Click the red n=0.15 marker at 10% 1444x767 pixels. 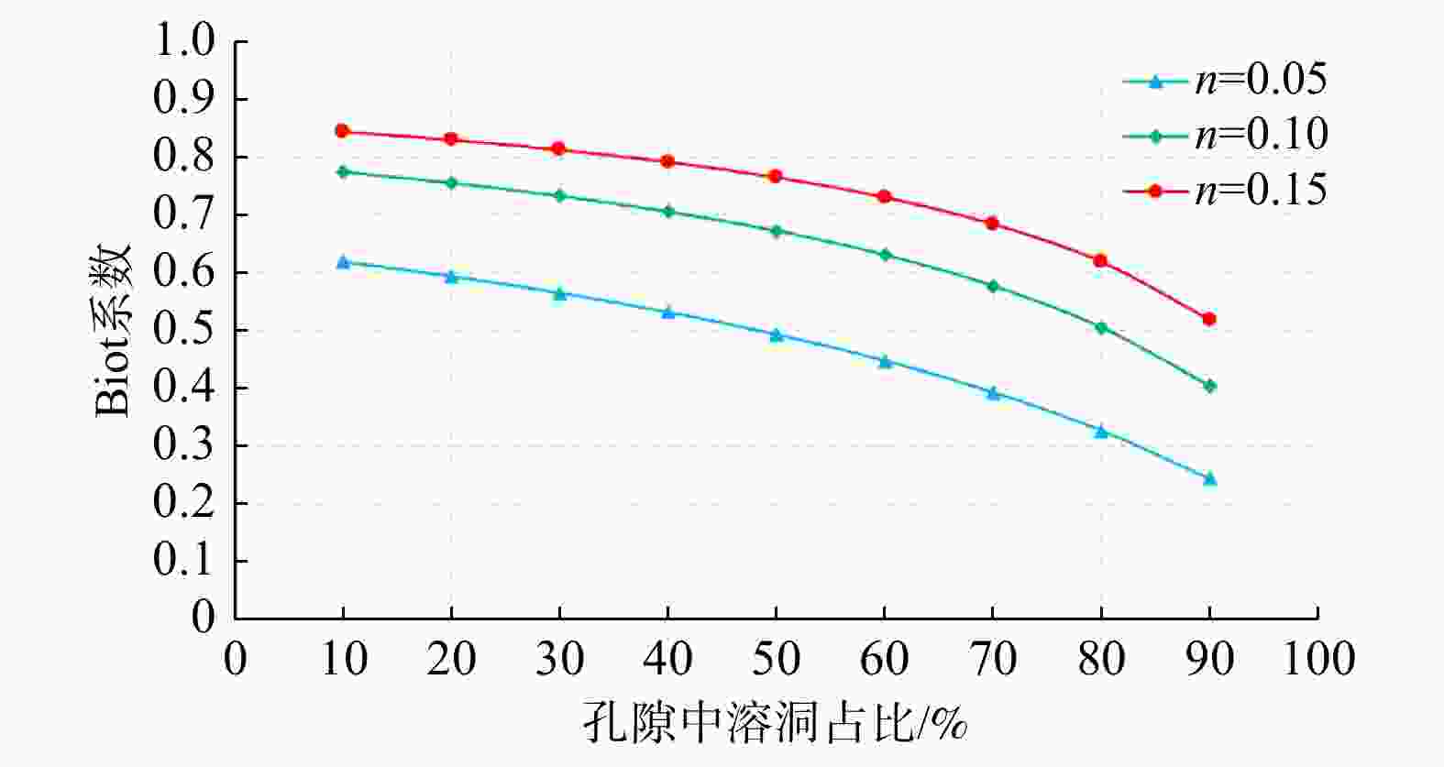click(343, 131)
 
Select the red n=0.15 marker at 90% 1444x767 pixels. click(1209, 319)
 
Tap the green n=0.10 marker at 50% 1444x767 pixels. click(776, 231)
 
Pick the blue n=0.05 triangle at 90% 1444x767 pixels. click(1209, 478)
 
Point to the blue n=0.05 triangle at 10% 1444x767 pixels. click(343, 262)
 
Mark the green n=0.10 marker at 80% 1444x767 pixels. click(1101, 327)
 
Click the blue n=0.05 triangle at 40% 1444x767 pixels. click(668, 312)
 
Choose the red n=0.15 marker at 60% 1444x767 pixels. click(885, 196)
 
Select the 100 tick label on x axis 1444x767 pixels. click(1317, 659)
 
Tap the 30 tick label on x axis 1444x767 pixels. click(559, 659)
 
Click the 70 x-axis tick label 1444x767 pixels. click(993, 659)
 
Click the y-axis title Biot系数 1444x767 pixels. click(114, 330)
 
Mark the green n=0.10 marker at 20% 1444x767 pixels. click(451, 182)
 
